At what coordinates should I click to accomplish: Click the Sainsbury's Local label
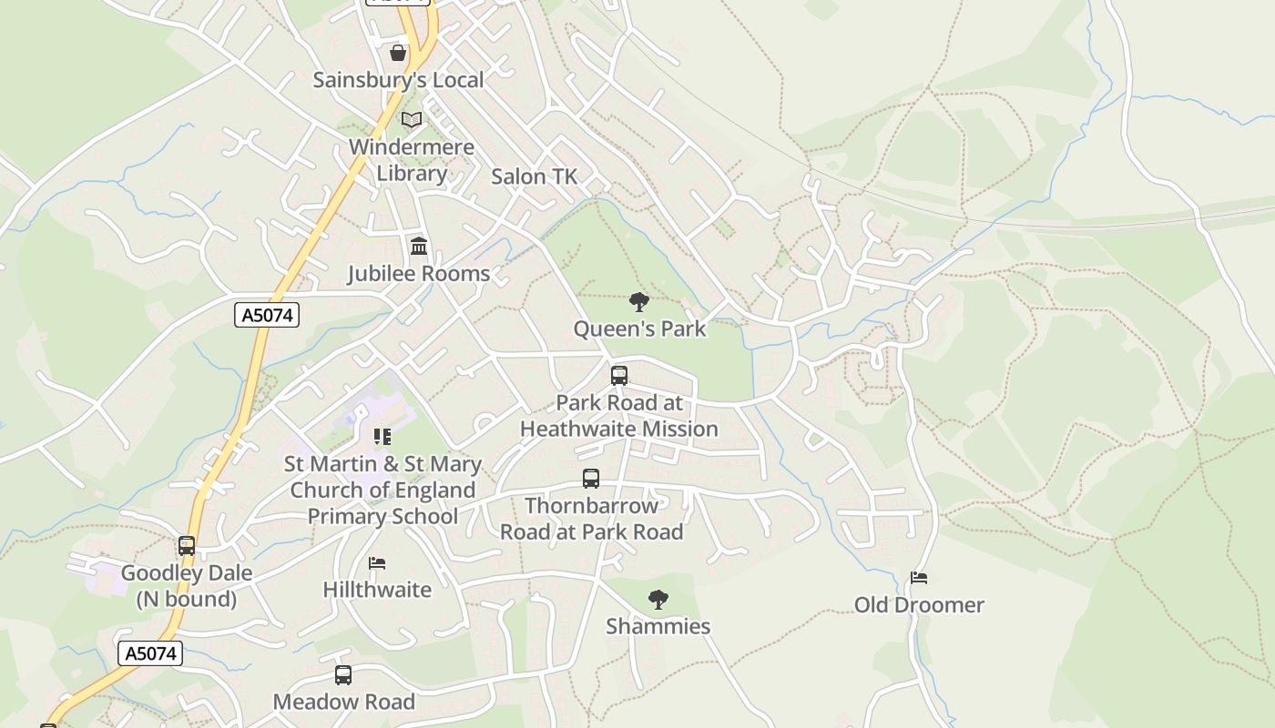[398, 80]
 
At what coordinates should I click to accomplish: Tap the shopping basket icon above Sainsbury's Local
[398, 53]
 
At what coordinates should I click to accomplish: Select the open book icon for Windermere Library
[412, 119]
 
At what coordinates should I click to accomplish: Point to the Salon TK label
[534, 177]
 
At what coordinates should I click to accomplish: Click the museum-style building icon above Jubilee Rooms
[419, 246]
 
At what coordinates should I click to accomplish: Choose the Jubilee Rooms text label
[418, 273]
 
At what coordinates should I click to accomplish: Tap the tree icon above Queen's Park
[639, 301]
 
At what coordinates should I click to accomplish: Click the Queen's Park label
[639, 329]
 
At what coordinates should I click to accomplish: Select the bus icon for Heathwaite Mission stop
[619, 375]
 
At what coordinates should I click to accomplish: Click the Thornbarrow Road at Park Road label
[591, 519]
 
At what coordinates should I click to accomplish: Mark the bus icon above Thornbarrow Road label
[591, 479]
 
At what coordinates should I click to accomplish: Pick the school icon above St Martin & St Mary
[382, 437]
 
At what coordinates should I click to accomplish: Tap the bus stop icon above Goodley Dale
[187, 546]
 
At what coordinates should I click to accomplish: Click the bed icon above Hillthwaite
[377, 563]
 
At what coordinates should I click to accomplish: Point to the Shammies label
[658, 626]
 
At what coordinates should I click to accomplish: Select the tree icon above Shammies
[658, 599]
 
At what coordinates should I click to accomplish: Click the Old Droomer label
[919, 605]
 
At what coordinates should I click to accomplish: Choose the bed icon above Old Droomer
[919, 578]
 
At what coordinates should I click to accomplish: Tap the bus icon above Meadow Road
[343, 675]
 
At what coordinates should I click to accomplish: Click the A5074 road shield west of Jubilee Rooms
[267, 315]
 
